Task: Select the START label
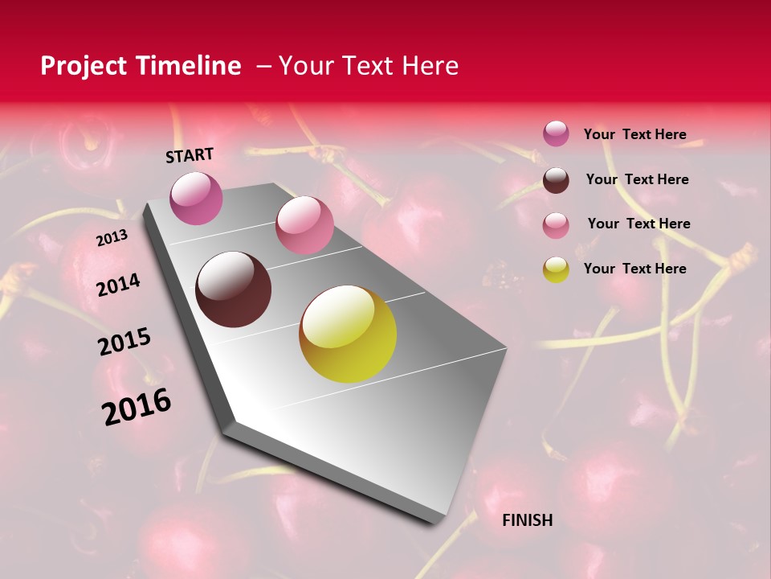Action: click(190, 155)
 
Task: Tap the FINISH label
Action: click(527, 520)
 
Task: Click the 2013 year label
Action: click(112, 238)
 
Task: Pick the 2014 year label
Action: click(118, 285)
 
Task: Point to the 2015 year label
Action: click(124, 342)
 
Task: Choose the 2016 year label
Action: click(137, 406)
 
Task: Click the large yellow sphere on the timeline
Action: click(348, 334)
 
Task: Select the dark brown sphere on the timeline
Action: click(233, 289)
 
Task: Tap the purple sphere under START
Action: click(196, 198)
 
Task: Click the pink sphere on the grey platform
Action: click(304, 225)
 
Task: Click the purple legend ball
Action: click(556, 133)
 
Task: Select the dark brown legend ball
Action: click(556, 180)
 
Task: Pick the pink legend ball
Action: click(556, 225)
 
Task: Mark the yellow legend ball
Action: click(556, 269)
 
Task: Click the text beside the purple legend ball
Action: click(634, 134)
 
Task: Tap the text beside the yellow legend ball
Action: click(634, 269)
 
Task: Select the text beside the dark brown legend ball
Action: click(637, 179)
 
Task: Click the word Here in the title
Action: click(429, 66)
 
